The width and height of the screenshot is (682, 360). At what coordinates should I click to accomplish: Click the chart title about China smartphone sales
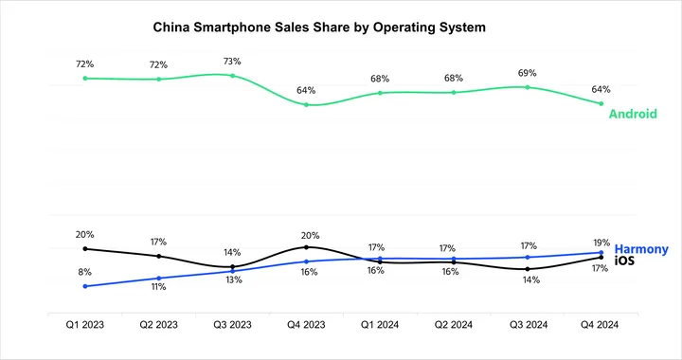(319, 28)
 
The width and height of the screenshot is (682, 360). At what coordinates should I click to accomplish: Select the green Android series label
(633, 114)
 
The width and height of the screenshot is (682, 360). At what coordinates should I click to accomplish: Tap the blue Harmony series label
(641, 248)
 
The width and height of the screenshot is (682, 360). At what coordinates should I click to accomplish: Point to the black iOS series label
(624, 261)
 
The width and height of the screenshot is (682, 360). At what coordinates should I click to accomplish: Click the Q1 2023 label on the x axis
(85, 324)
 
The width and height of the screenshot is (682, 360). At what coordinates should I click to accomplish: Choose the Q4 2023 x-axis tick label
(306, 324)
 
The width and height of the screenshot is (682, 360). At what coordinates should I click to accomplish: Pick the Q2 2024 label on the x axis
(454, 324)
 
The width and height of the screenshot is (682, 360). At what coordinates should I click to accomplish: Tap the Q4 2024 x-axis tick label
(601, 324)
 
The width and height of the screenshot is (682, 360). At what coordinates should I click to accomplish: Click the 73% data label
(233, 61)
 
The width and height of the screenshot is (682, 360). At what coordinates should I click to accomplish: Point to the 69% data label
(527, 72)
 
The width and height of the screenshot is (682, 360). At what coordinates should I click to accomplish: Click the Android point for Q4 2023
(306, 104)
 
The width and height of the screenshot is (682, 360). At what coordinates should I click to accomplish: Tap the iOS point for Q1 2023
(85, 248)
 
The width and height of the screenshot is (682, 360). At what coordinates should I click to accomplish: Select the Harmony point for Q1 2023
(85, 286)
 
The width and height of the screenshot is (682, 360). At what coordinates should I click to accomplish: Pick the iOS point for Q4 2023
(306, 247)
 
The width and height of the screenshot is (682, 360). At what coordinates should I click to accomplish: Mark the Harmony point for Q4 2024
(601, 252)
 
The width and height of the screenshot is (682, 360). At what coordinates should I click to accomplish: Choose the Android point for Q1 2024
(380, 93)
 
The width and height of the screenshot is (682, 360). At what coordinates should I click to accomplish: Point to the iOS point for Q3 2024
(527, 269)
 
